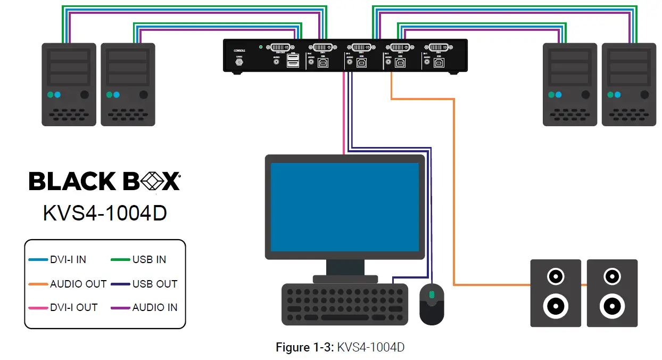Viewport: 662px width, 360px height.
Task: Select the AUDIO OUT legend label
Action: click(x=78, y=284)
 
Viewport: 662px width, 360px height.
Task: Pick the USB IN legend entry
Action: click(x=149, y=260)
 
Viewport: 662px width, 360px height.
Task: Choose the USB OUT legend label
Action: click(x=154, y=284)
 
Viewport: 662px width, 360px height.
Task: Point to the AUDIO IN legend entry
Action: click(x=154, y=307)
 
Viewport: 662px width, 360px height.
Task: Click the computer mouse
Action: click(x=432, y=304)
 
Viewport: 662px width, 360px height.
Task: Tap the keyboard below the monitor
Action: click(x=345, y=304)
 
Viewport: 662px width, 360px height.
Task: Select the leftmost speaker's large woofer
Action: click(x=555, y=307)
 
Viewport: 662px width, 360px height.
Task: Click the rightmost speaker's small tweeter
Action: click(x=612, y=277)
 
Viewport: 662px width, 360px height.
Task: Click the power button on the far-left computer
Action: click(x=84, y=95)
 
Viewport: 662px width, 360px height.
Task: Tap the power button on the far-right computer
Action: click(x=644, y=95)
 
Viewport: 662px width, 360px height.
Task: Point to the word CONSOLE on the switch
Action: click(x=239, y=51)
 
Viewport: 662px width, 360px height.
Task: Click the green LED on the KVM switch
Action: click(x=260, y=47)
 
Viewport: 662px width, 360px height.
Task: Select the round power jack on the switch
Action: click(x=239, y=62)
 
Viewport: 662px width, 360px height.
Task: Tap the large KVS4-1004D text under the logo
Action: click(x=105, y=212)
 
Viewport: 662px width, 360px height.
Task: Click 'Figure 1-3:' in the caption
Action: click(x=305, y=348)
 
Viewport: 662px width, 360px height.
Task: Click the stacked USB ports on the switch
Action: click(x=293, y=62)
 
